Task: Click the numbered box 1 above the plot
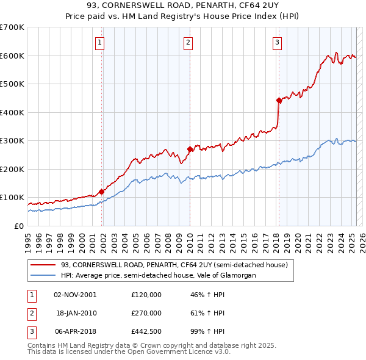(99, 43)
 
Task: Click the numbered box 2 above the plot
(188, 43)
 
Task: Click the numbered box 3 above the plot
(277, 43)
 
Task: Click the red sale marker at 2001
(102, 192)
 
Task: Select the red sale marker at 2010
(190, 149)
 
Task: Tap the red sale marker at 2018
(279, 100)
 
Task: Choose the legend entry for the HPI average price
(157, 276)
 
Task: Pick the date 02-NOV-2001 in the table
(75, 295)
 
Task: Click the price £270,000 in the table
(146, 313)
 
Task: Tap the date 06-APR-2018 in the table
(75, 331)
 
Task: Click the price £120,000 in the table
(146, 295)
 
